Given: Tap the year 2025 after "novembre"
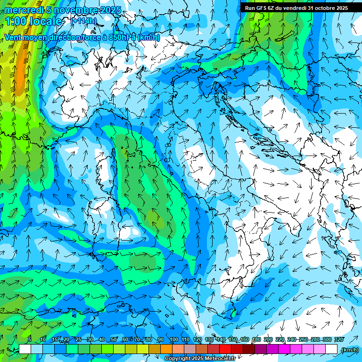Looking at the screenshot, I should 110,10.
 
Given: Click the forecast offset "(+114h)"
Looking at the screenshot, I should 83,21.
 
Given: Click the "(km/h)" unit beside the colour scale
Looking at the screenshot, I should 349,349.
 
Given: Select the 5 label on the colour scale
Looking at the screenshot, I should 30,339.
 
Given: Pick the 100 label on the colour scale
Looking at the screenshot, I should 173,339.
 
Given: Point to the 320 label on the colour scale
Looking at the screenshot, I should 338,339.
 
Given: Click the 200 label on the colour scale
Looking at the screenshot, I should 268,339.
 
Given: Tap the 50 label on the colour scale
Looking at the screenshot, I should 114,339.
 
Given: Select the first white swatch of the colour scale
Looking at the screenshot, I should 25,349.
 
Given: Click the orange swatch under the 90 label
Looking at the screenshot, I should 166,349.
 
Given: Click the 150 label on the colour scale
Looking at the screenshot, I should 233,339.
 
